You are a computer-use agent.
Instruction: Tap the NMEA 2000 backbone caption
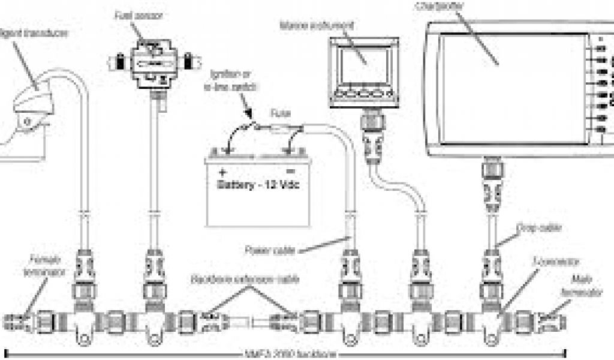tap(284, 355)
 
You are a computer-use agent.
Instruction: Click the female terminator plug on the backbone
tap(17, 320)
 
